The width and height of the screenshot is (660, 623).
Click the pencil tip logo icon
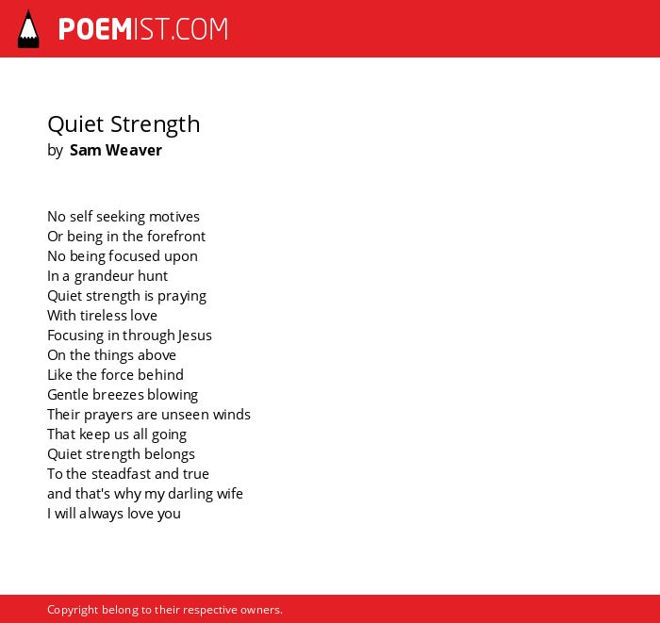(28, 29)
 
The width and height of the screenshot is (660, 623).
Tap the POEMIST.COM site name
(143, 29)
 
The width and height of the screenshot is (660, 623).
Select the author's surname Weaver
(134, 150)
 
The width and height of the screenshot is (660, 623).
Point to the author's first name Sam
(85, 150)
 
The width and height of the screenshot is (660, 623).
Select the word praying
(182, 297)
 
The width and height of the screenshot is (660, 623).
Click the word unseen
(185, 416)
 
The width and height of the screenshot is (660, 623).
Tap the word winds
(232, 415)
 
